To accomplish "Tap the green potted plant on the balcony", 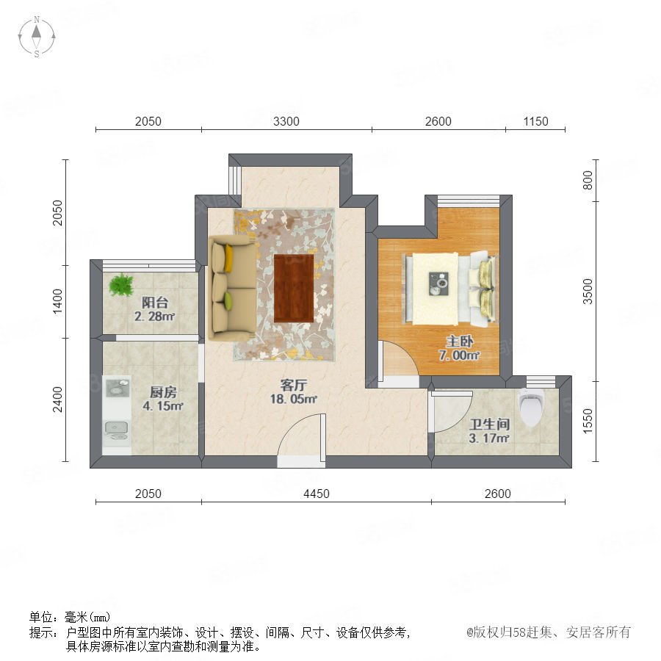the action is pyautogui.click(x=121, y=284).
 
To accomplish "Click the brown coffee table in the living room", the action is pyautogui.click(x=294, y=288).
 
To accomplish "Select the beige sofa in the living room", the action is pyautogui.click(x=232, y=288).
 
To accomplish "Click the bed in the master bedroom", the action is pyautogui.click(x=451, y=289).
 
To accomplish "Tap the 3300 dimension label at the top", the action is pyautogui.click(x=286, y=121).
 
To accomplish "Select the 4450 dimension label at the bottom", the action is pyautogui.click(x=316, y=494).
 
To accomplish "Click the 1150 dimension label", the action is pyautogui.click(x=535, y=121).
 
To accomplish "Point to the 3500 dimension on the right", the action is pyautogui.click(x=588, y=292).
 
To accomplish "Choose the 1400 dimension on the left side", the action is pyautogui.click(x=57, y=301).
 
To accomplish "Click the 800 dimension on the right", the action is pyautogui.click(x=588, y=181).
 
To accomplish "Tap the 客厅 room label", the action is pyautogui.click(x=293, y=385).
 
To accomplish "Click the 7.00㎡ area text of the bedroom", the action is pyautogui.click(x=459, y=355).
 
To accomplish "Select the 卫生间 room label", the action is pyautogui.click(x=489, y=424).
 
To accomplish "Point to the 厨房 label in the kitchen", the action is pyautogui.click(x=163, y=392).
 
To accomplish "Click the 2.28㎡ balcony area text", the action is pyautogui.click(x=155, y=316).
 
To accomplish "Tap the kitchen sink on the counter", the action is pyautogui.click(x=116, y=428).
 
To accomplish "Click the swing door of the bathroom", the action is pyautogui.click(x=451, y=411).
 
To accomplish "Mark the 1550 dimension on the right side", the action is pyautogui.click(x=588, y=421).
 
